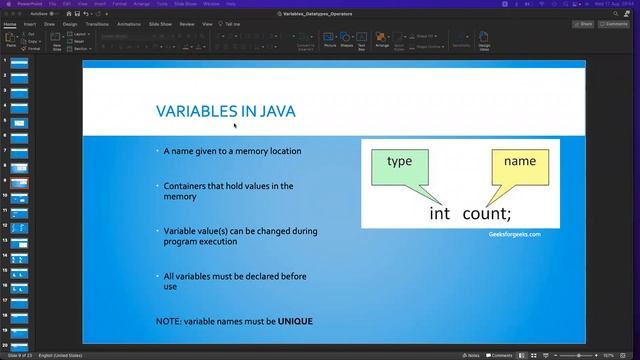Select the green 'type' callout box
click(x=399, y=166)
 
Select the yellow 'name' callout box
click(x=519, y=166)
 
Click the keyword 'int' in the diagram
click(x=440, y=213)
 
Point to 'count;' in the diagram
click(x=486, y=213)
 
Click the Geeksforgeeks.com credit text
click(x=514, y=234)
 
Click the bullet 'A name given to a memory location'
click(x=232, y=151)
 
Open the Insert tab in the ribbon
click(x=30, y=23)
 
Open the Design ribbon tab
click(x=70, y=23)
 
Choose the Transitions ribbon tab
click(x=97, y=23)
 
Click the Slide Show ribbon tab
click(x=160, y=23)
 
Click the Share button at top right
click(x=583, y=23)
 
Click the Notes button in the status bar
click(x=472, y=354)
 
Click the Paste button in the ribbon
click(x=11, y=39)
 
